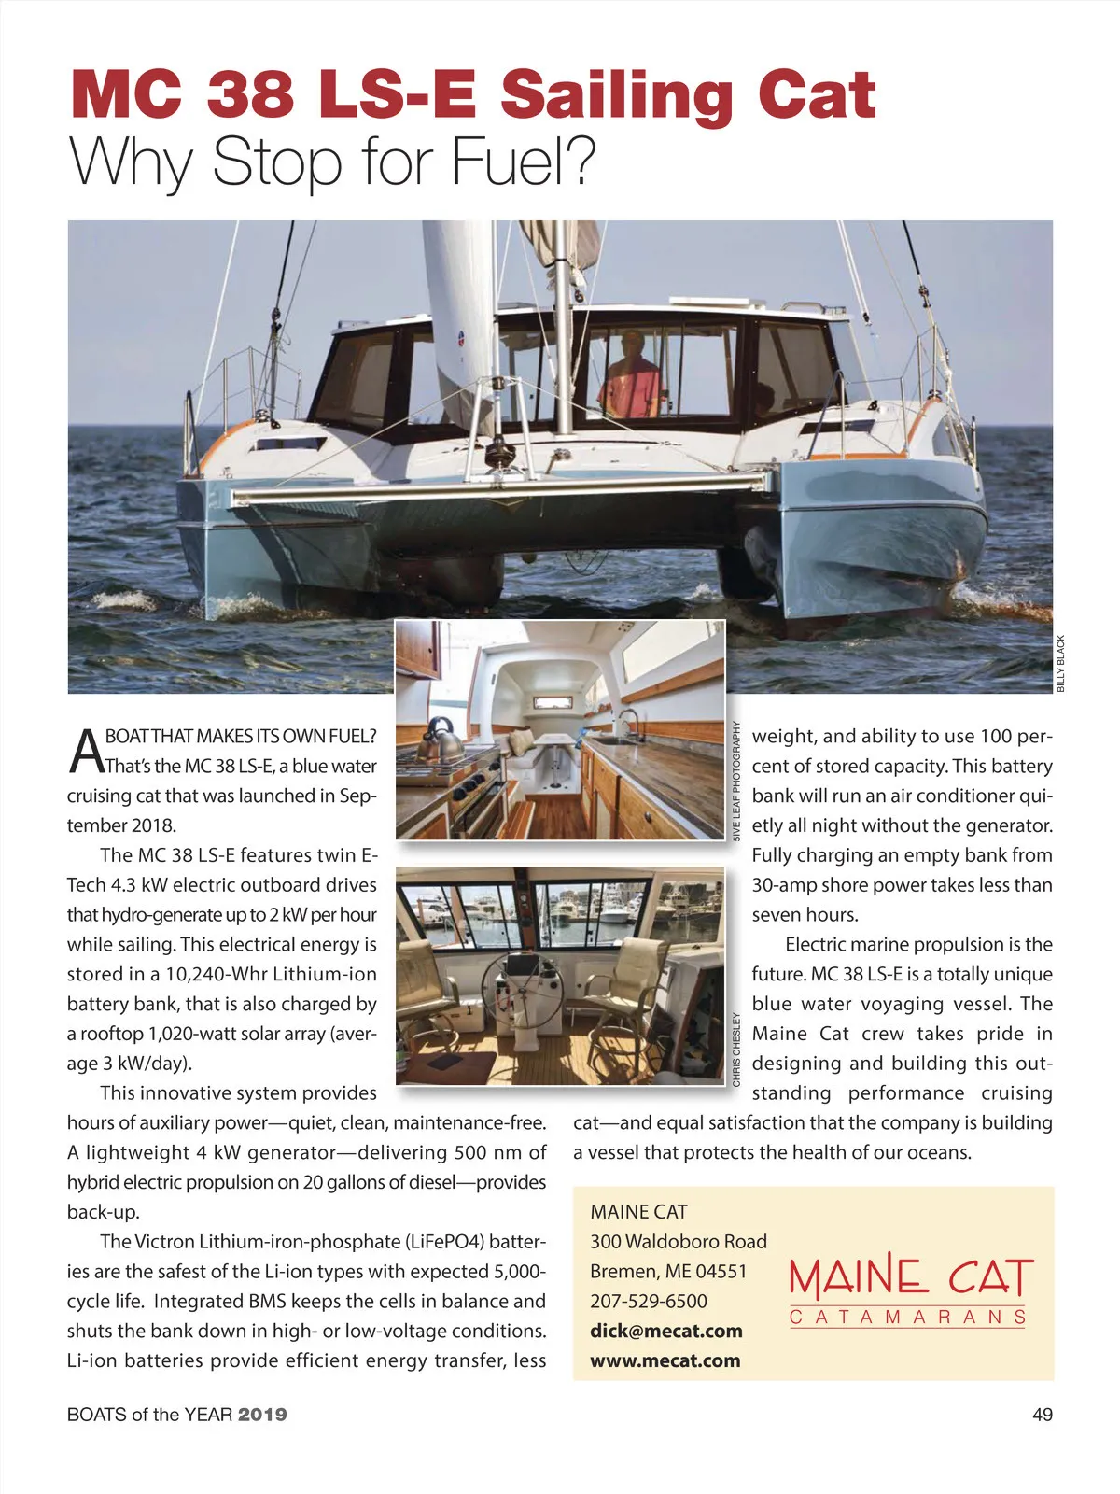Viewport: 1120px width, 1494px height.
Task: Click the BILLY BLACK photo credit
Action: pyautogui.click(x=1061, y=663)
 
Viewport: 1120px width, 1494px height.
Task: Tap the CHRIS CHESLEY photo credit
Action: pyautogui.click(x=736, y=1049)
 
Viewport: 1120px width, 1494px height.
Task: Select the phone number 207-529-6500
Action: pyautogui.click(x=649, y=1301)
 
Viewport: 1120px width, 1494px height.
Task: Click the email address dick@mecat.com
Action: pyautogui.click(x=666, y=1331)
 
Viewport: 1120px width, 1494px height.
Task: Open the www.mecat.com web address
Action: pyautogui.click(x=665, y=1360)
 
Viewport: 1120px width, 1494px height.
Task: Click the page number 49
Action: pyautogui.click(x=1043, y=1415)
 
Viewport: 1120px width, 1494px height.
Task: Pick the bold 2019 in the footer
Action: pyautogui.click(x=262, y=1415)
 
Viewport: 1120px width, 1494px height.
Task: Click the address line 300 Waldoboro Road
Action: pyautogui.click(x=679, y=1241)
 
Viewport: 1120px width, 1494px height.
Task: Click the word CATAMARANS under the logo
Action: pyautogui.click(x=908, y=1318)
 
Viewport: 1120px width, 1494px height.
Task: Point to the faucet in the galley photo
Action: pyautogui.click(x=627, y=722)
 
